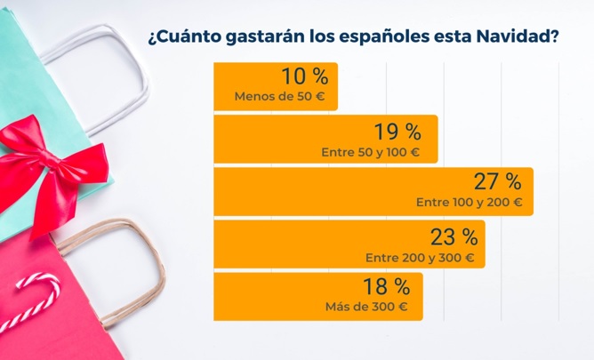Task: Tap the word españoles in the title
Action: (381, 38)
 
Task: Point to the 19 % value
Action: (396, 132)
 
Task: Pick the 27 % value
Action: (497, 182)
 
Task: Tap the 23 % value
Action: (454, 237)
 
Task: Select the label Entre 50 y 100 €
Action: (371, 152)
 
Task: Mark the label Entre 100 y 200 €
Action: (469, 203)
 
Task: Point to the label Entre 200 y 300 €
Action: (420, 258)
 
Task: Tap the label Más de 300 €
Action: (365, 307)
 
